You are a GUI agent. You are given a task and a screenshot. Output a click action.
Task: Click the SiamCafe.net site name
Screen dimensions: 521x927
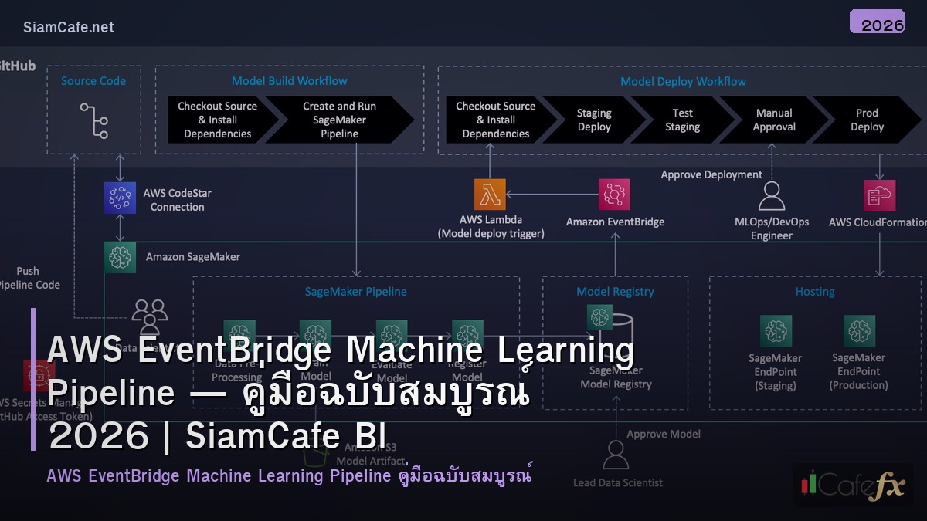[x=69, y=27]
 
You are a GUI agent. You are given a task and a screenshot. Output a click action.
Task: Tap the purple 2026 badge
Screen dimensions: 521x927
[x=877, y=22]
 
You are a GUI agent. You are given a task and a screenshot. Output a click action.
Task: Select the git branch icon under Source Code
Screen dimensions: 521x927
[x=93, y=120]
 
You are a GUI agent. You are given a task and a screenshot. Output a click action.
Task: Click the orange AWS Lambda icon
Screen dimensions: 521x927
[x=490, y=195]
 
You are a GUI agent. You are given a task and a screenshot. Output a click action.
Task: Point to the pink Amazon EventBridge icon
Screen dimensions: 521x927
[x=614, y=195]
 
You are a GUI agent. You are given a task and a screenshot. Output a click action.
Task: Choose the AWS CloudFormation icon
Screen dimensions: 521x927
[x=880, y=195]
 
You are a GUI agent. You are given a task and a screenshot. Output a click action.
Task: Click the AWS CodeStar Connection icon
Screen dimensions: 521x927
[x=120, y=198]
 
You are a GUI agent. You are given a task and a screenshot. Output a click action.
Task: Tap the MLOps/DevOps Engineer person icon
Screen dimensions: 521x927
[x=771, y=196]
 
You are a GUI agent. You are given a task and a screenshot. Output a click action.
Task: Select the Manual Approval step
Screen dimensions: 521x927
[x=774, y=120]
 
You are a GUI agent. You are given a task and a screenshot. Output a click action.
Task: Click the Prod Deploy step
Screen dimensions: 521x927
[x=867, y=120]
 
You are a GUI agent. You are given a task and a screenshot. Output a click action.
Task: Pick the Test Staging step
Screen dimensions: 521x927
[x=682, y=120]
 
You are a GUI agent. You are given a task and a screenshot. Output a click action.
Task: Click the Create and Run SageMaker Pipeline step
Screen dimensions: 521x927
[x=339, y=120]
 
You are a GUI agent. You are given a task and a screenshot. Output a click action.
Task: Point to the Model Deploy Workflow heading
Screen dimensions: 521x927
[x=683, y=81]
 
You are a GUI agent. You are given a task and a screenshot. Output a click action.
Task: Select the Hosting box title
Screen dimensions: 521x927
[x=815, y=292]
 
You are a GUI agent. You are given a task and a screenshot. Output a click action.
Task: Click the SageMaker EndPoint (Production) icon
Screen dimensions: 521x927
[x=859, y=330]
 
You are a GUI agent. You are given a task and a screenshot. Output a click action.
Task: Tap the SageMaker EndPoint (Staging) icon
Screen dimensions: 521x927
[x=776, y=330]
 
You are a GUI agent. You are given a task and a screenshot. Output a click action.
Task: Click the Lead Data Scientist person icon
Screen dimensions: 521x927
[x=616, y=455]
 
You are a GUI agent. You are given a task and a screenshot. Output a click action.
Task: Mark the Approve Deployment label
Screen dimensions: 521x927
[x=711, y=175]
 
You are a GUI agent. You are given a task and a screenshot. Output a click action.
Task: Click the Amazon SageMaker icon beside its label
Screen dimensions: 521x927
[x=120, y=257]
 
